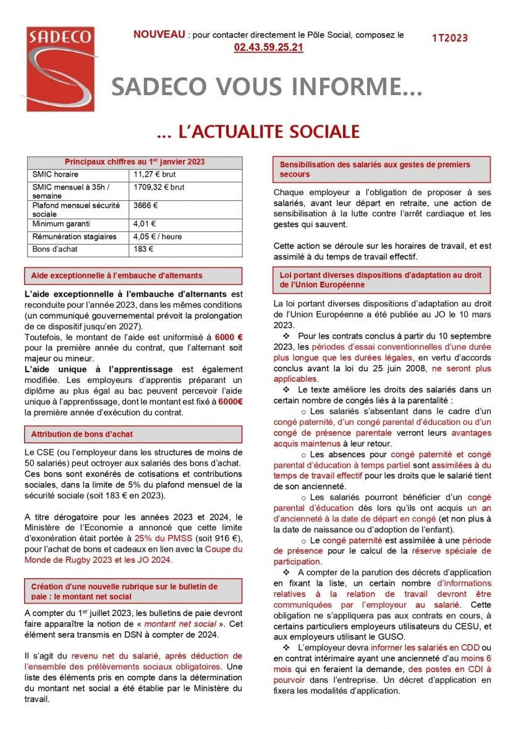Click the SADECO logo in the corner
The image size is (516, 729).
click(59, 69)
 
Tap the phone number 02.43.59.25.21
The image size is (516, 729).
click(268, 47)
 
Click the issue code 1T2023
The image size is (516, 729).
click(450, 38)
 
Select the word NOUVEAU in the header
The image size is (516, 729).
click(159, 35)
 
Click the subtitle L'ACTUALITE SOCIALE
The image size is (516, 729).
click(258, 132)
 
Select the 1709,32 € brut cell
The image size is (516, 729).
click(159, 187)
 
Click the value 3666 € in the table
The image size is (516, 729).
click(146, 205)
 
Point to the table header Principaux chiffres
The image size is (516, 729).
click(135, 162)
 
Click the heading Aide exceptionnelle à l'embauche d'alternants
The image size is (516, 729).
click(117, 276)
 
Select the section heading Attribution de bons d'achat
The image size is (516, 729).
click(82, 434)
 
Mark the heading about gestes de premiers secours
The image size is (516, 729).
click(374, 169)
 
